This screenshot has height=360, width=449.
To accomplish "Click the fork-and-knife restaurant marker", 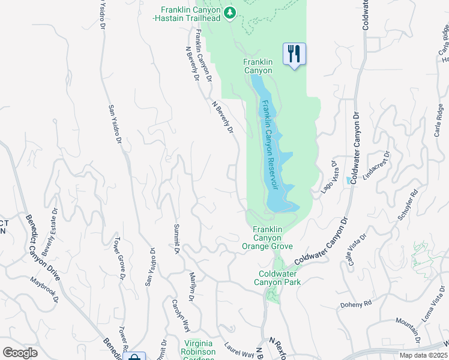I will [294, 54].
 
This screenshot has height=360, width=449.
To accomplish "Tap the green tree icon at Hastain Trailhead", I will [229, 12].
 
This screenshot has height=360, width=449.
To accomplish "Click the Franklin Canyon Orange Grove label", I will [267, 238].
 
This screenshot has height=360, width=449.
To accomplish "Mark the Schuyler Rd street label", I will [408, 206].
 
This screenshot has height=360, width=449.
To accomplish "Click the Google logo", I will [20, 352].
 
